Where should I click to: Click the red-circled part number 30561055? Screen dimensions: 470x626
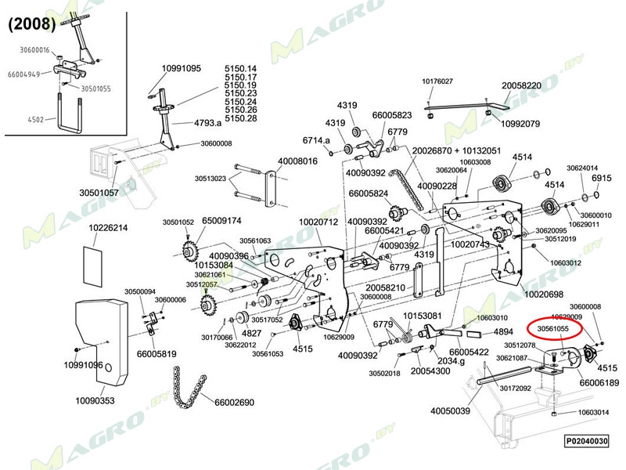(553, 330)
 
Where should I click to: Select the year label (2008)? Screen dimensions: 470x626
(31, 23)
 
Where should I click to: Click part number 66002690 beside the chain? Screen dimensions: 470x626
(233, 403)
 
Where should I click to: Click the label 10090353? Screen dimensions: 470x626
(95, 400)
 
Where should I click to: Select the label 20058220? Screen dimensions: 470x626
(522, 85)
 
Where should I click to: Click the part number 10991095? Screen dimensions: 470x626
(182, 68)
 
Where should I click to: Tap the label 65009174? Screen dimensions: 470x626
(221, 221)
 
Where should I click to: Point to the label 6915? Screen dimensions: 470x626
(601, 179)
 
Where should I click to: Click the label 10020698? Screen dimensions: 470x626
(544, 295)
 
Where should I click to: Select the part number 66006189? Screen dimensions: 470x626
(599, 382)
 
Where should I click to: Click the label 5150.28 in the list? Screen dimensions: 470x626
(241, 118)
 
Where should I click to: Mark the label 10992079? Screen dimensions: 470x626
(520, 124)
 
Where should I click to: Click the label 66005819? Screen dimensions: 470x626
(156, 353)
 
